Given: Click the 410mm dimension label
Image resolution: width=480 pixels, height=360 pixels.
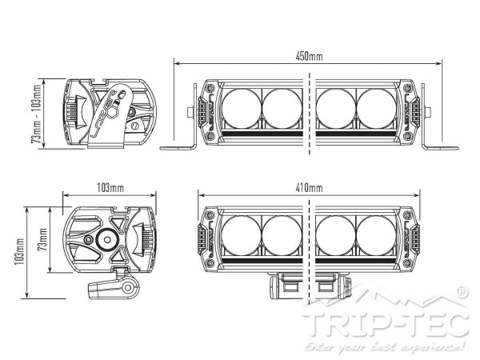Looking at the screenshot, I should click(309, 187).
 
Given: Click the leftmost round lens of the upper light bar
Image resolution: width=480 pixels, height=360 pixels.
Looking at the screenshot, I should click(237, 107).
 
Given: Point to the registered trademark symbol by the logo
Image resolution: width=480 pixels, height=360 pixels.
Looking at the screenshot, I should click(462, 293).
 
